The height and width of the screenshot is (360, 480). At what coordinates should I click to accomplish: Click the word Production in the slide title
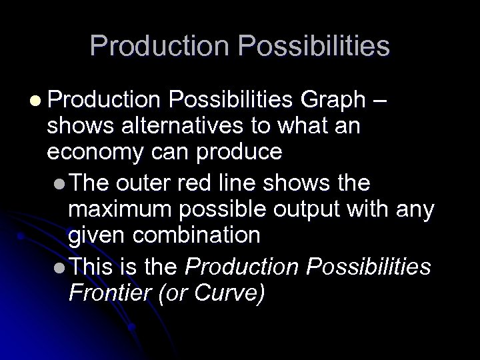(x=159, y=46)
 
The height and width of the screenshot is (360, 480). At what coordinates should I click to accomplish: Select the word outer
(x=142, y=183)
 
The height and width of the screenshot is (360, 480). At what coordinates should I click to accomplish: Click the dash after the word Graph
(x=380, y=101)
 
